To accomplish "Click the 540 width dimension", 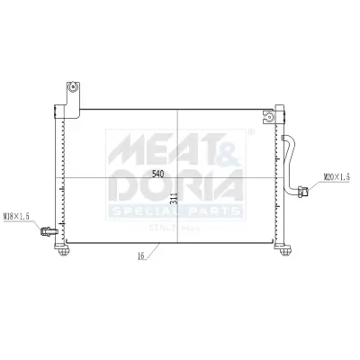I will tap(157, 173).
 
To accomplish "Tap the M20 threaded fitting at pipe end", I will tap(305, 190).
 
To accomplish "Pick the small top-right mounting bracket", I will tap(267, 115).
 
